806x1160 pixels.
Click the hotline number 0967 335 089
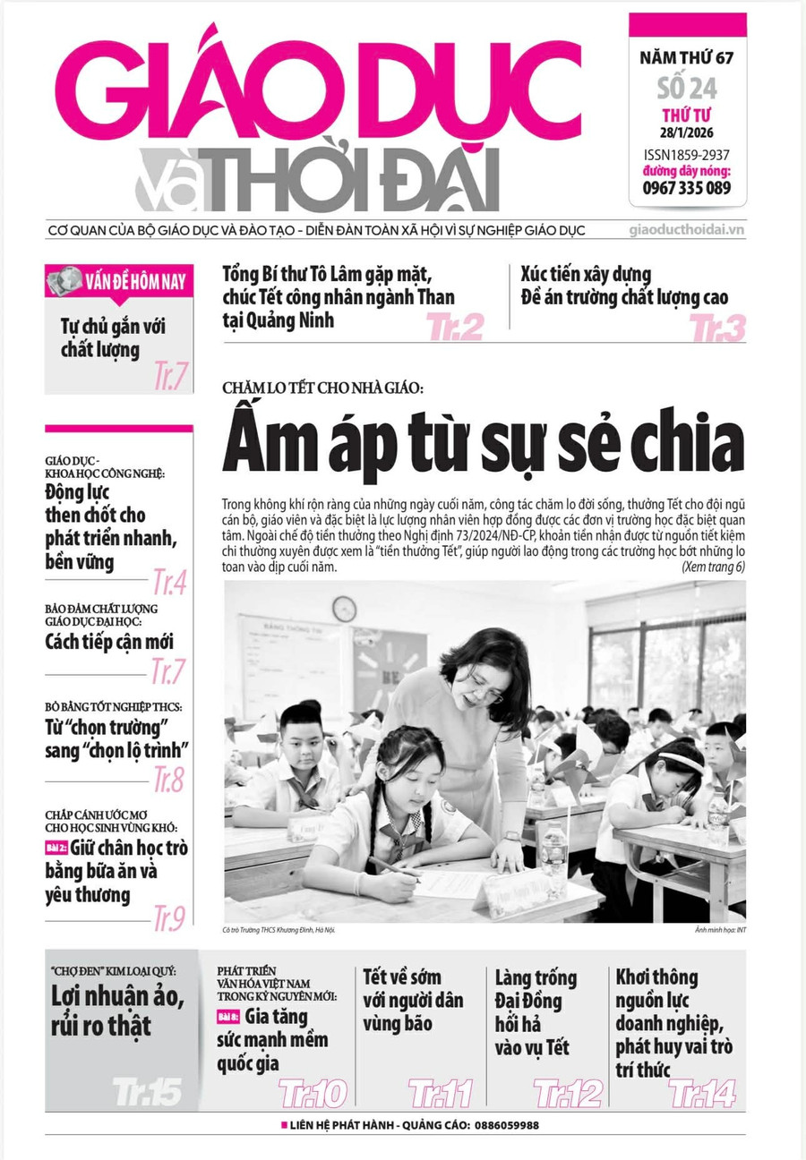pyautogui.click(x=686, y=188)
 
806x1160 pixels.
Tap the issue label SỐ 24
pyautogui.click(x=687, y=89)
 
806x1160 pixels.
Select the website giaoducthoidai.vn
pyautogui.click(x=687, y=230)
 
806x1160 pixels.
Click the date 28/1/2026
pyautogui.click(x=687, y=134)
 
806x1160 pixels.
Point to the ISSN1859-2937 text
pyautogui.click(x=687, y=155)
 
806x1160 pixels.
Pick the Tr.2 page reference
pyautogui.click(x=455, y=328)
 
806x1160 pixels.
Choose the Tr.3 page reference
pyautogui.click(x=717, y=328)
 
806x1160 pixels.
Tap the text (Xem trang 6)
pyautogui.click(x=713, y=567)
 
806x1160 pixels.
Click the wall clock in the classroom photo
pyautogui.click(x=344, y=609)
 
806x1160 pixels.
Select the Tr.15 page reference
pyautogui.click(x=148, y=1091)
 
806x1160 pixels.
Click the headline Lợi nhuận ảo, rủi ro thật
pyautogui.click(x=117, y=1011)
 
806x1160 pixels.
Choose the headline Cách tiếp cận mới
pyautogui.click(x=109, y=642)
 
